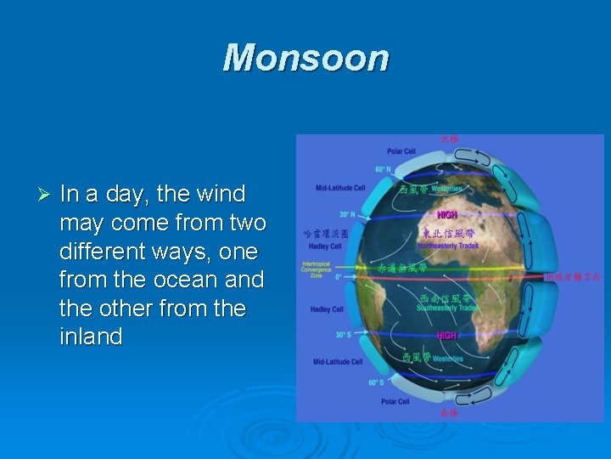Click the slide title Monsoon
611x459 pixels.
click(x=305, y=59)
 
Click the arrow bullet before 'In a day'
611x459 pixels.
click(x=46, y=195)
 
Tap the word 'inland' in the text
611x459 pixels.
click(x=91, y=337)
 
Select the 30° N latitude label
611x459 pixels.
click(x=347, y=215)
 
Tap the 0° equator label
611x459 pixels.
click(x=339, y=276)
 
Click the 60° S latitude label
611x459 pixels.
click(x=376, y=382)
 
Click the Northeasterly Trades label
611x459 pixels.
click(x=447, y=246)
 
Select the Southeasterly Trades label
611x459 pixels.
click(x=447, y=308)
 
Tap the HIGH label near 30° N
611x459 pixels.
click(x=446, y=215)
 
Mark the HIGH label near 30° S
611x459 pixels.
click(x=446, y=336)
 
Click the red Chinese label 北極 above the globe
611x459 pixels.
click(x=449, y=138)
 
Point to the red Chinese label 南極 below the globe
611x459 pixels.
click(x=449, y=414)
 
